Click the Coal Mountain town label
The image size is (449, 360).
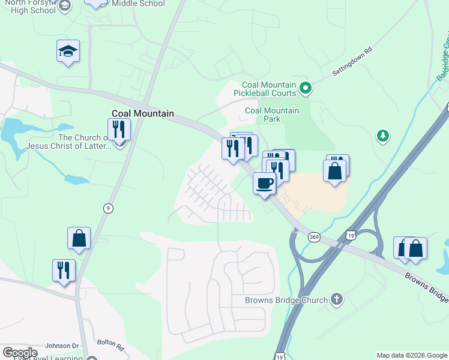pos(143,113)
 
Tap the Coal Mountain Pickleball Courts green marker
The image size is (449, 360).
pos(306,89)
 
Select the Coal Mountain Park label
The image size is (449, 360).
pos(272,115)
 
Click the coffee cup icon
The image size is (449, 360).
pos(264,183)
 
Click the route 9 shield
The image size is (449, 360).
pos(108,208)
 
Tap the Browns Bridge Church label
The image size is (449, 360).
pos(286,300)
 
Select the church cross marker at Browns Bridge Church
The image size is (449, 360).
pos(337,299)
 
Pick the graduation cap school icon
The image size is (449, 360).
pos(68,52)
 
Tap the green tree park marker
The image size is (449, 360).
pos(382,136)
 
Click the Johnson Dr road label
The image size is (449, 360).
pos(62,346)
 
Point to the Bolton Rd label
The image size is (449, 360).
pos(112,347)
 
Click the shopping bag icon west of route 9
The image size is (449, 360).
pos(79,238)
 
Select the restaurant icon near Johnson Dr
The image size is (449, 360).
pos(64,270)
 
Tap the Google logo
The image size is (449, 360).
pos(19,353)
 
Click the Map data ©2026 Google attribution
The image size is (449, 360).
pos(412,355)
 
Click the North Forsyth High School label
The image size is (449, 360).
pos(30,7)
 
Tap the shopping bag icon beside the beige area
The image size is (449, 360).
pos(334,170)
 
